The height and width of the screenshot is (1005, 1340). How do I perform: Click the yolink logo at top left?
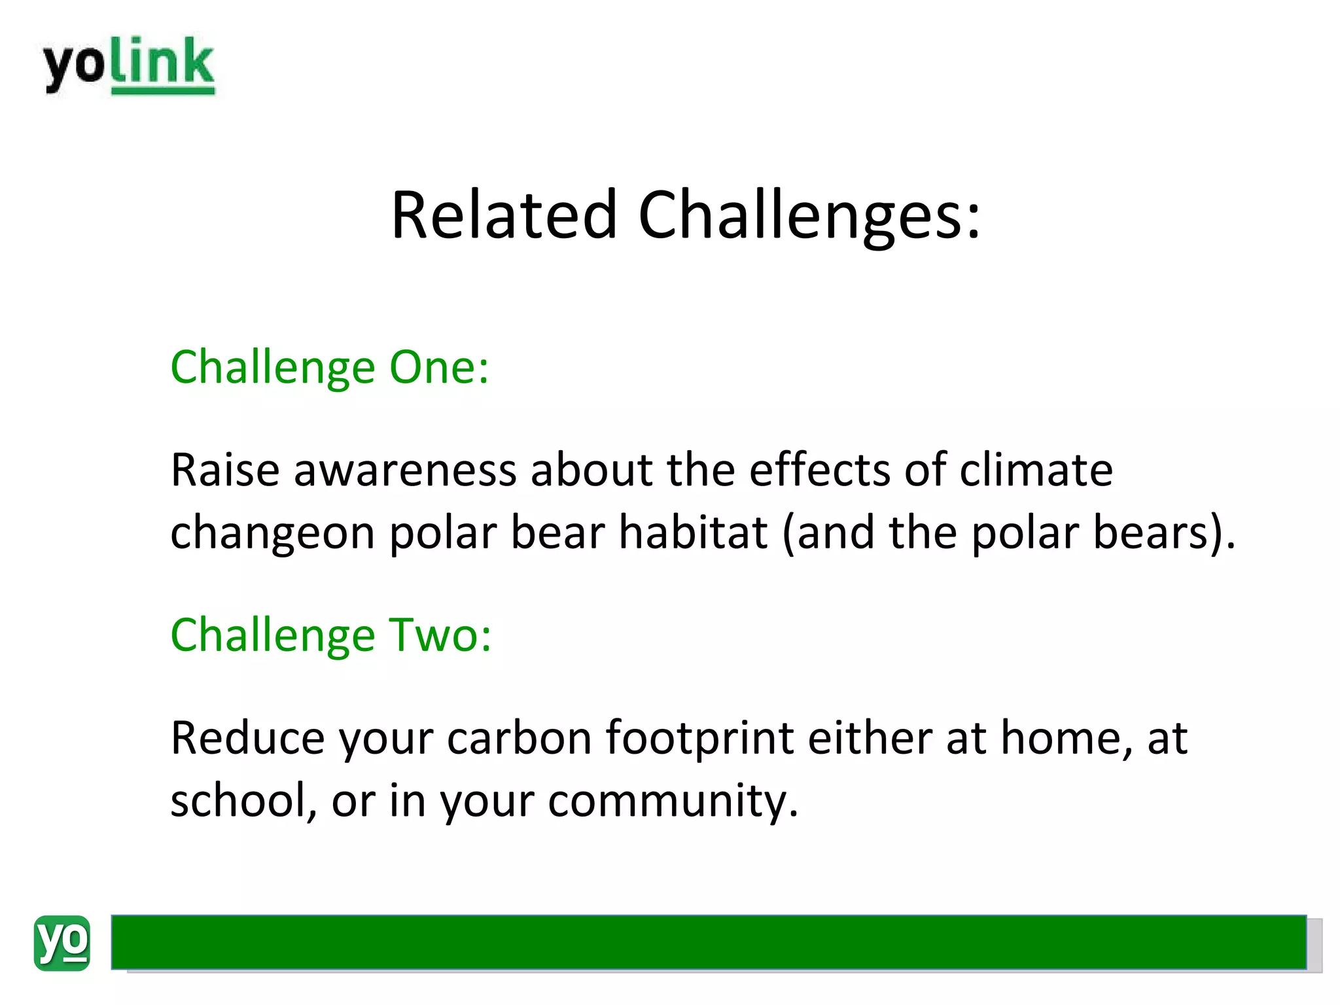click(x=129, y=65)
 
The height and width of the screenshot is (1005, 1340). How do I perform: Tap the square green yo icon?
click(x=62, y=943)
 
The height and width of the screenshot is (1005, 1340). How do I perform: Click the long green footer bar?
click(x=708, y=942)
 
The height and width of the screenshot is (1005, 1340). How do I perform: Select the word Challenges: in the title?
click(x=809, y=216)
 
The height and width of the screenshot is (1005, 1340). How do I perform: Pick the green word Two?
click(x=440, y=635)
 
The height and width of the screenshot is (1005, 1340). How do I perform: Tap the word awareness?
click(x=405, y=470)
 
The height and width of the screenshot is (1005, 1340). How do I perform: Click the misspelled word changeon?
click(x=272, y=533)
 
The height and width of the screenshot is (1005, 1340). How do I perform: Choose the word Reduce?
click(x=247, y=737)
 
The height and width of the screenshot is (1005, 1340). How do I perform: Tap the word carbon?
click(x=520, y=737)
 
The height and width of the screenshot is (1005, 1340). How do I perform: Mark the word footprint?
click(x=699, y=739)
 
